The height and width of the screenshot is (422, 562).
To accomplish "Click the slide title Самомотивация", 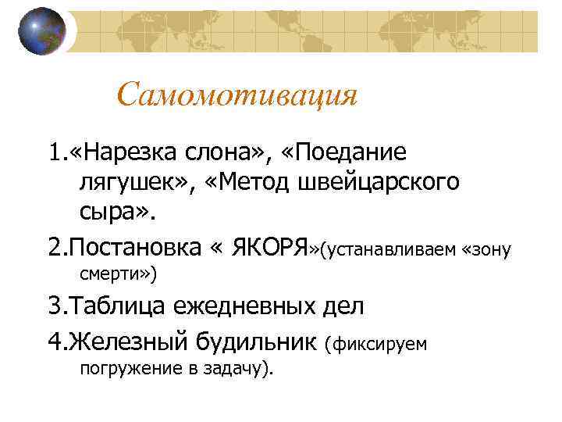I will [237, 96].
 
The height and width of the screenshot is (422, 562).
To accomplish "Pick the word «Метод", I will [246, 183].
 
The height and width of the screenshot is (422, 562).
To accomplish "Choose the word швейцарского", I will [379, 183].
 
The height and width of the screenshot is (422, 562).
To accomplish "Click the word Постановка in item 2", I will [136, 249].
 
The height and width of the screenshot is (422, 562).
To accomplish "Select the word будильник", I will [258, 341].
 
